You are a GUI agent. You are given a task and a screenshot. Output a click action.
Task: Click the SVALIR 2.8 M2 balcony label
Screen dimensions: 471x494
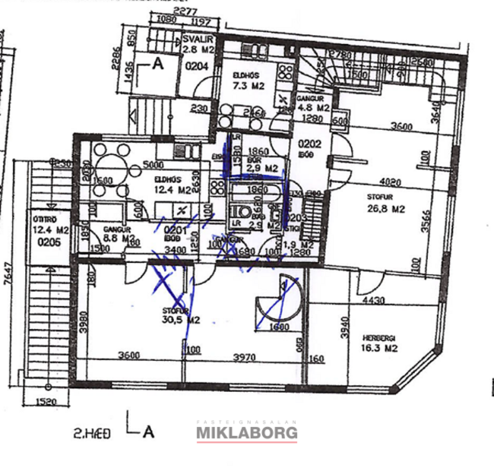tap(196, 45)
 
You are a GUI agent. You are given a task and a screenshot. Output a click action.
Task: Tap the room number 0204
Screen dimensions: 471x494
tap(198, 66)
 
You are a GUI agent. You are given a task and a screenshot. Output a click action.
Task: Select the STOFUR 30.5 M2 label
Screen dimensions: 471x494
tap(181, 315)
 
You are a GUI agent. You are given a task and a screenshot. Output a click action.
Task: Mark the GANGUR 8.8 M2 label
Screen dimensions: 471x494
tap(114, 232)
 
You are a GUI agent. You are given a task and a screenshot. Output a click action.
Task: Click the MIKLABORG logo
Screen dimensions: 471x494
tap(247, 433)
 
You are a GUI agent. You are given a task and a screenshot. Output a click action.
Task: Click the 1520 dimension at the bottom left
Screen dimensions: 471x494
tap(47, 402)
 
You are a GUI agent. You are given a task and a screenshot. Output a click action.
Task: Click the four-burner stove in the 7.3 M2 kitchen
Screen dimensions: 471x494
tap(285, 74)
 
